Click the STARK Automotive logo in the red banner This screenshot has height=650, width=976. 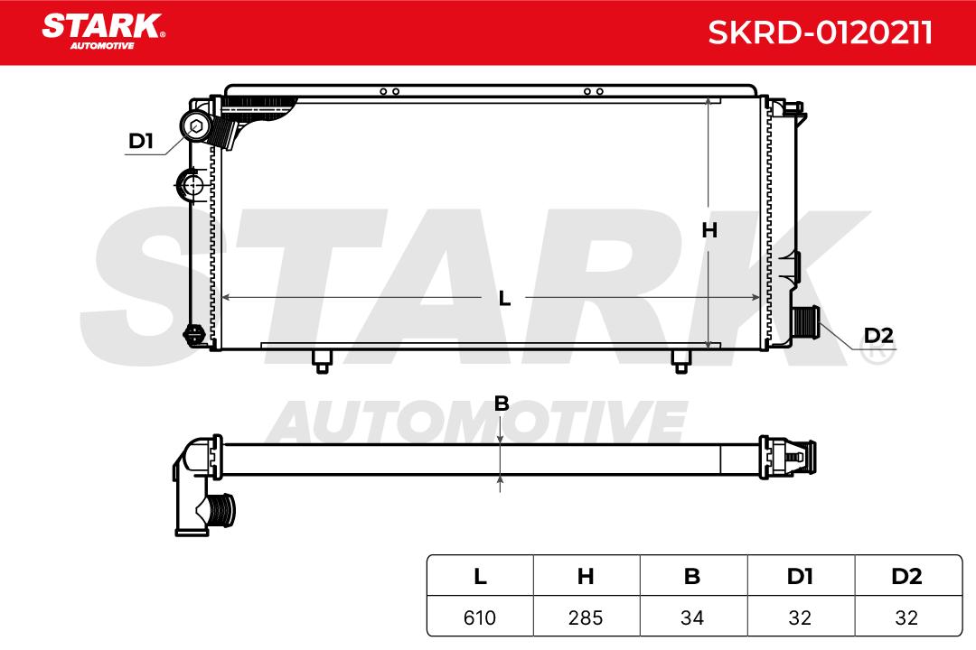(x=103, y=32)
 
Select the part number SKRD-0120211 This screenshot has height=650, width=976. (x=820, y=32)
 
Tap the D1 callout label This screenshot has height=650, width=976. (x=141, y=141)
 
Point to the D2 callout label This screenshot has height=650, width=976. (x=878, y=336)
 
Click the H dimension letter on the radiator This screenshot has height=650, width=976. (x=709, y=231)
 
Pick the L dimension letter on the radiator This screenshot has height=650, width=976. (x=504, y=299)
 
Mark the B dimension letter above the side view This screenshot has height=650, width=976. (x=501, y=404)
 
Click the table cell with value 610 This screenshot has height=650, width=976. (x=480, y=617)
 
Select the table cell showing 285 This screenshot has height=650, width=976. (x=586, y=617)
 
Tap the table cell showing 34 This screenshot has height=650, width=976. (x=692, y=617)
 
